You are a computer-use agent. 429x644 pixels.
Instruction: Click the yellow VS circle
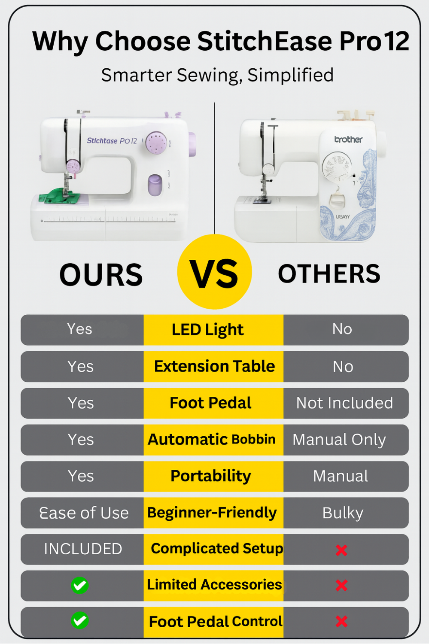click(x=215, y=272)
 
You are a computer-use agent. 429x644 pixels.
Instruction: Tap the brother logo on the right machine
click(x=348, y=140)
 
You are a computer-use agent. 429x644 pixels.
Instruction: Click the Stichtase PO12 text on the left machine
click(x=112, y=140)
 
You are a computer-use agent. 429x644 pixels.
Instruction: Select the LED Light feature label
click(x=207, y=329)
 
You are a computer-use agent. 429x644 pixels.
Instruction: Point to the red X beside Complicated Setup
click(x=341, y=550)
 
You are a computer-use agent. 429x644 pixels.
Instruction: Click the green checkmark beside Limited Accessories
click(x=80, y=585)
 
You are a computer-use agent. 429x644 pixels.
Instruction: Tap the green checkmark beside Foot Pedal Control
click(x=80, y=620)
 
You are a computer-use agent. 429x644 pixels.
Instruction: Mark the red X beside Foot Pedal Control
click(x=341, y=622)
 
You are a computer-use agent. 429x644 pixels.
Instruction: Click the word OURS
click(x=101, y=275)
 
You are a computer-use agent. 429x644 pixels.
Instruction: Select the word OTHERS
click(x=329, y=274)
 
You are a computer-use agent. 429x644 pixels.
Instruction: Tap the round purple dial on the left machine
click(x=156, y=143)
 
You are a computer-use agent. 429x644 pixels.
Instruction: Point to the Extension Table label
click(x=215, y=366)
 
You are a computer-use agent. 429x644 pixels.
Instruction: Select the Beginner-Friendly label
click(x=212, y=513)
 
